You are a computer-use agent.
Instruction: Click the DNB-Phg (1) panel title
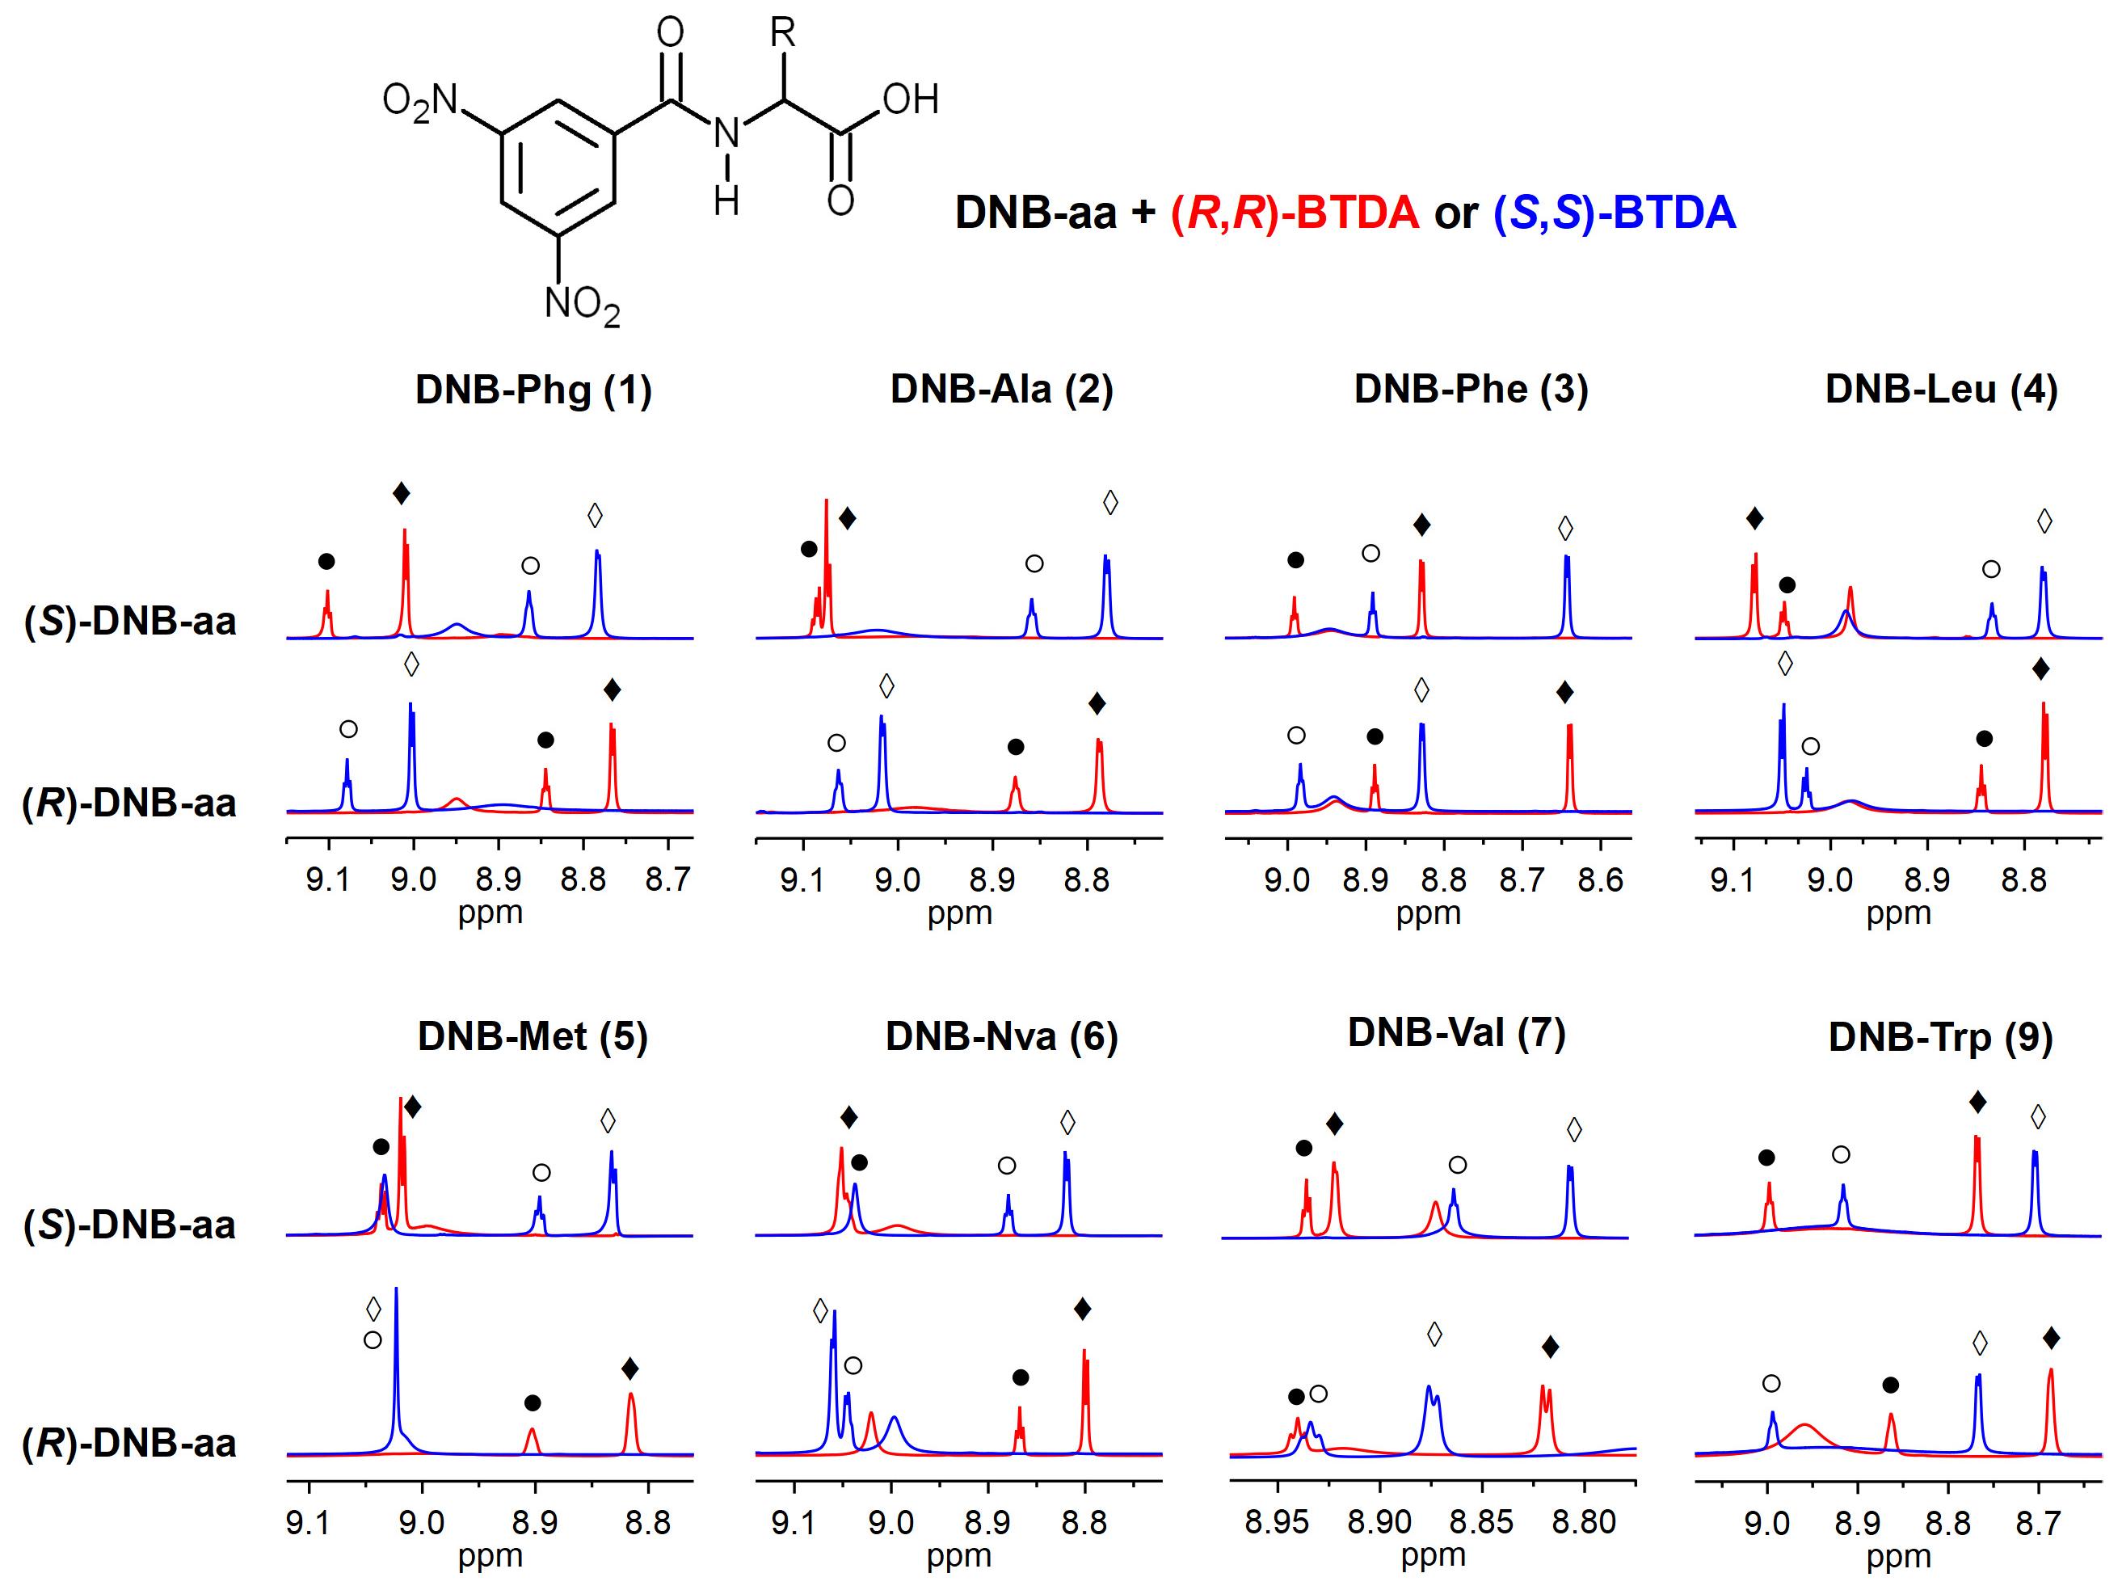coord(533,390)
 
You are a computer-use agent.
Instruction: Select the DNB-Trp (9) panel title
coord(1939,1037)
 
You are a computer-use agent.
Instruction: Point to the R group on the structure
coord(783,34)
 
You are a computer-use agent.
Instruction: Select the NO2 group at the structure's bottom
coord(581,304)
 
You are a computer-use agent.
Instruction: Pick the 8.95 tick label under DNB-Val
coord(1277,1522)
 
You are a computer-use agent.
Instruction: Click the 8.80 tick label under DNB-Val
coord(1584,1522)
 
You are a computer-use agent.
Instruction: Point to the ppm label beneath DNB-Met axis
coord(491,1554)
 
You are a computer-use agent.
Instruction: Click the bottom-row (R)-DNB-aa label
coord(129,1443)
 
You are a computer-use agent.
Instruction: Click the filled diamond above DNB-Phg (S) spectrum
coord(401,494)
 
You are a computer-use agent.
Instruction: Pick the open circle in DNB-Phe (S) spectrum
coord(1370,554)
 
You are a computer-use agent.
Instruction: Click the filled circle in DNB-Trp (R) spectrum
coord(1890,1385)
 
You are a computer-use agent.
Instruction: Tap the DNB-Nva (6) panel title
coord(1001,1037)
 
